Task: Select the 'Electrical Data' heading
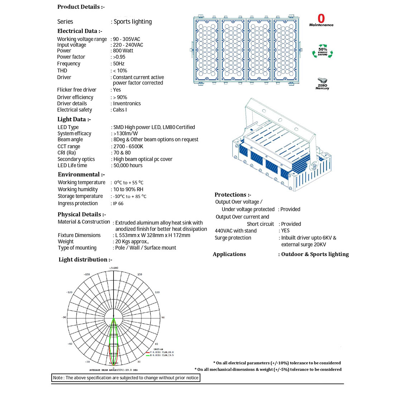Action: click(80, 31)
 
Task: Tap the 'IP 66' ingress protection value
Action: click(118, 203)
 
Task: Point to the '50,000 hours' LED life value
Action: click(128, 165)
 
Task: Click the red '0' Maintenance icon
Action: click(321, 20)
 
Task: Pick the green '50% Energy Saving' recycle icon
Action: click(322, 52)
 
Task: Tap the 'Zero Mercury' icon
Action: click(322, 83)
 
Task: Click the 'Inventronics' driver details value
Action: click(127, 104)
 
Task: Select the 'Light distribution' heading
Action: click(85, 260)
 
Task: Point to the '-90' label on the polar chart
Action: click(64, 318)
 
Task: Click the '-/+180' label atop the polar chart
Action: click(113, 268)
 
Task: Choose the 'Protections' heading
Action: click(233, 195)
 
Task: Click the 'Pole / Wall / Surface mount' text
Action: click(145, 248)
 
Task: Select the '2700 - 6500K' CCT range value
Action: click(128, 146)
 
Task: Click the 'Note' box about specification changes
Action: click(126, 378)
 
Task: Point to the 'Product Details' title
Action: click(81, 7)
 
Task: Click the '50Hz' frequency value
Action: click(119, 64)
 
